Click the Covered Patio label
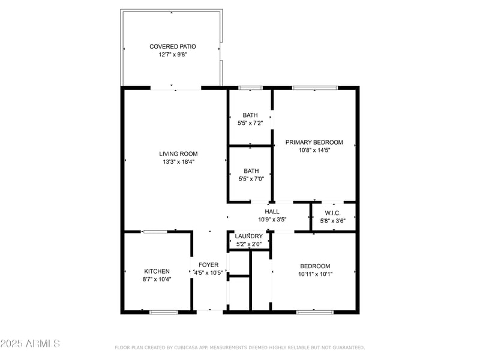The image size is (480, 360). [x=173, y=46]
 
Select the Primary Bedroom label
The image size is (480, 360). [x=314, y=142]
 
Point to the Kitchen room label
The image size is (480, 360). [x=157, y=271]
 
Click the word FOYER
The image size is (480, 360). [x=209, y=265]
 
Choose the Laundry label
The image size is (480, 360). [x=248, y=236]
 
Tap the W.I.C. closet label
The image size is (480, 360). [x=333, y=213]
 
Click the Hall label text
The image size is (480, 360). [x=272, y=211]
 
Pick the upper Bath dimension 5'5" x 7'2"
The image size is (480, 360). [x=250, y=123]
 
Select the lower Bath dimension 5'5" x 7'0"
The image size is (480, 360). [x=251, y=178]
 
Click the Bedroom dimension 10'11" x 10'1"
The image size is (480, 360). [x=315, y=274]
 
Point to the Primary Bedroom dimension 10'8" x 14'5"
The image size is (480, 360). [x=314, y=150]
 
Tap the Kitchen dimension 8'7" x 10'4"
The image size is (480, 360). [x=157, y=279]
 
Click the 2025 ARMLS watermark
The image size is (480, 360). [x=30, y=344]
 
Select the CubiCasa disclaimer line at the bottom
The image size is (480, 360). [x=239, y=347]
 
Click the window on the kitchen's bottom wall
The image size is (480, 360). [x=163, y=311]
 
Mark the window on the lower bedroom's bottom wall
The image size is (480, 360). [x=314, y=311]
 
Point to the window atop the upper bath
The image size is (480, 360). [x=250, y=88]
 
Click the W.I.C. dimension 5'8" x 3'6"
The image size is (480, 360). [x=333, y=221]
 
